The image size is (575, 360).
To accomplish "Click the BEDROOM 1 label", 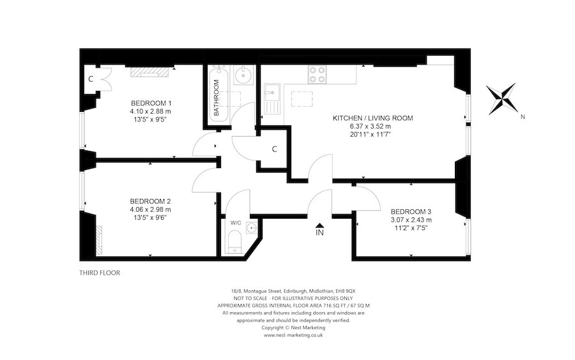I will [151, 103].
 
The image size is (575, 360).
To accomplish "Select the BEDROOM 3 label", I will [411, 212].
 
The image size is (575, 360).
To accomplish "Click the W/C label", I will [236, 223].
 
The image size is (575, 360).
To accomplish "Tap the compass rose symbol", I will [503, 99].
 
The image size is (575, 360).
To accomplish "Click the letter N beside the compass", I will [522, 116].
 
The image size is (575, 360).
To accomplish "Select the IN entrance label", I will [319, 233].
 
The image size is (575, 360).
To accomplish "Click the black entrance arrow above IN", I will [319, 224].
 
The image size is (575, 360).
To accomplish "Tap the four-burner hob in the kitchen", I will [318, 75].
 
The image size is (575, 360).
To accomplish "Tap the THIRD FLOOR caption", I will [99, 272].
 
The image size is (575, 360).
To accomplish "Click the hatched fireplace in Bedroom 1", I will [151, 72].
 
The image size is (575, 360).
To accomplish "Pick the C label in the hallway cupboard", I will [274, 149].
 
